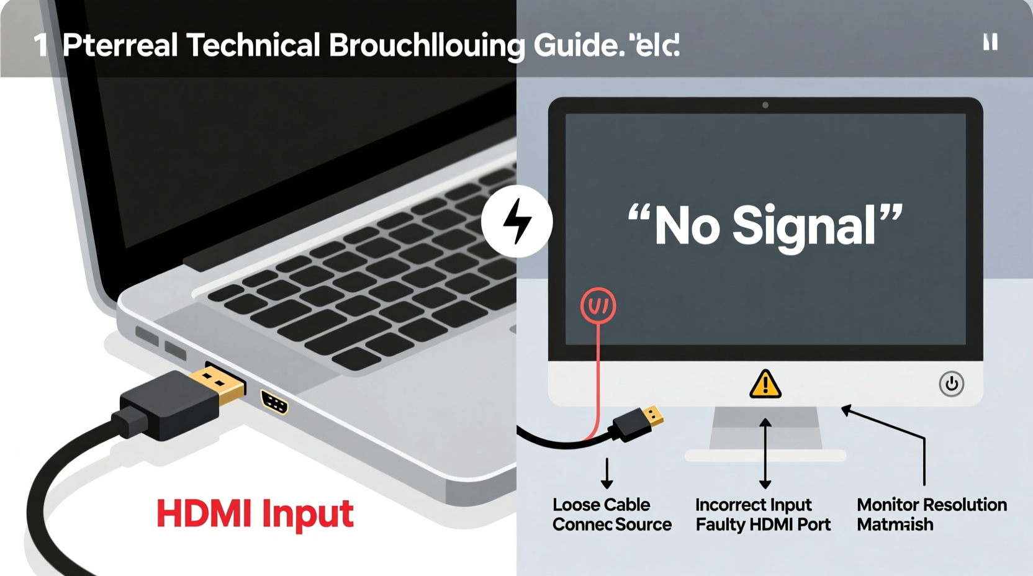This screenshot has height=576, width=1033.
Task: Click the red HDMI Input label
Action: coord(255,514)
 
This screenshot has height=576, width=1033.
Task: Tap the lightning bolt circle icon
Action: coord(516,221)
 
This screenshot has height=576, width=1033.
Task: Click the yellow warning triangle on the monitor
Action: coord(765,384)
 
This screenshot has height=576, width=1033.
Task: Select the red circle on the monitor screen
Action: coord(598,305)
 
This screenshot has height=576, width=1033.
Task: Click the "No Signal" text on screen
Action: coord(765,226)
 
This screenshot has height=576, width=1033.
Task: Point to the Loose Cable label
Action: coord(601,505)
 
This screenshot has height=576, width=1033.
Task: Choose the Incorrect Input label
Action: coord(753,505)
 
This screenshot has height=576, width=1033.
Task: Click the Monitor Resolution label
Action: coord(931,505)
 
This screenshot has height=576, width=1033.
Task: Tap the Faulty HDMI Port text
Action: coord(763,525)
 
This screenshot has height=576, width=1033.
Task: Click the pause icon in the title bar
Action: coord(990,42)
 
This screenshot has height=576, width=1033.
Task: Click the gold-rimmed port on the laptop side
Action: coord(274,402)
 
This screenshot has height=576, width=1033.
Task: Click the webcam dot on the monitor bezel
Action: coord(765,106)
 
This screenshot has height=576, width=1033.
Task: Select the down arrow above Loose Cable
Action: coord(607,473)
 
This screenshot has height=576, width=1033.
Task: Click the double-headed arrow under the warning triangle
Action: coord(765,453)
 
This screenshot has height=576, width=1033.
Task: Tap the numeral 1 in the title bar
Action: coord(40,45)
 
